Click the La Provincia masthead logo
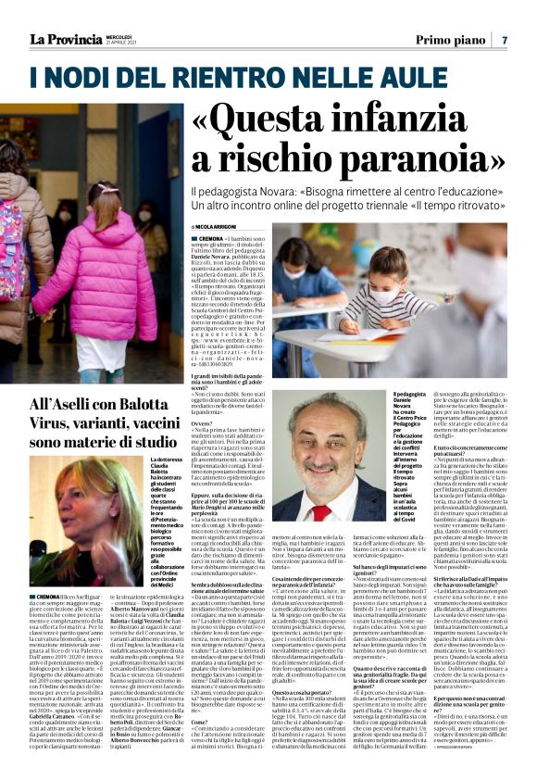65,39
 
